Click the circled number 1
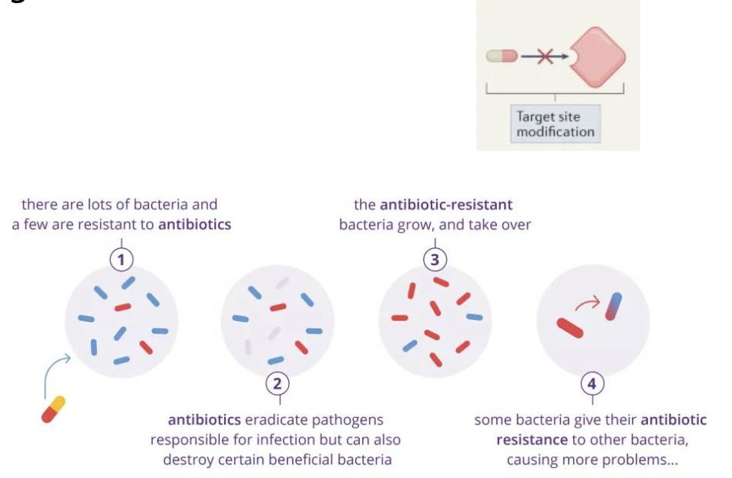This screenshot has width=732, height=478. [121, 260]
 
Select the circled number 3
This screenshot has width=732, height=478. [435, 260]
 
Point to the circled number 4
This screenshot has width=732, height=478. [592, 383]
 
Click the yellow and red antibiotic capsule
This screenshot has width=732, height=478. [53, 409]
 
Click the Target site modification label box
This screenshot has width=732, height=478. [555, 124]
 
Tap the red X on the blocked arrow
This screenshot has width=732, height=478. [546, 56]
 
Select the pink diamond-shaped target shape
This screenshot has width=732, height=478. [596, 56]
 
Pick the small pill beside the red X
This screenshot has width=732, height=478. [502, 56]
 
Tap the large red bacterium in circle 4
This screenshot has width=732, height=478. [570, 328]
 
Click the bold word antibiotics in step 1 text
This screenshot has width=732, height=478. [194, 225]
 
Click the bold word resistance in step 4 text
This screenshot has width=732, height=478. [532, 440]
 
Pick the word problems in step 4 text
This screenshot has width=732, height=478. [645, 460]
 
